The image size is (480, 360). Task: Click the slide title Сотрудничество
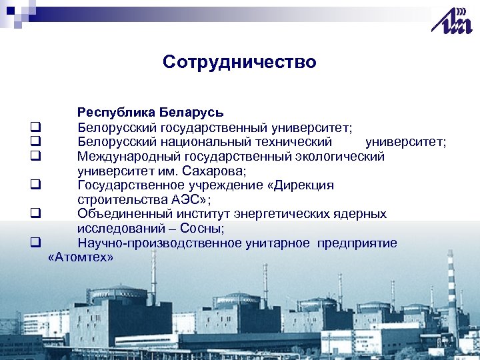(239, 63)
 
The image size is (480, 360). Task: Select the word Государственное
(127, 185)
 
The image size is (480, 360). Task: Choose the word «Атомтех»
(81, 257)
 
